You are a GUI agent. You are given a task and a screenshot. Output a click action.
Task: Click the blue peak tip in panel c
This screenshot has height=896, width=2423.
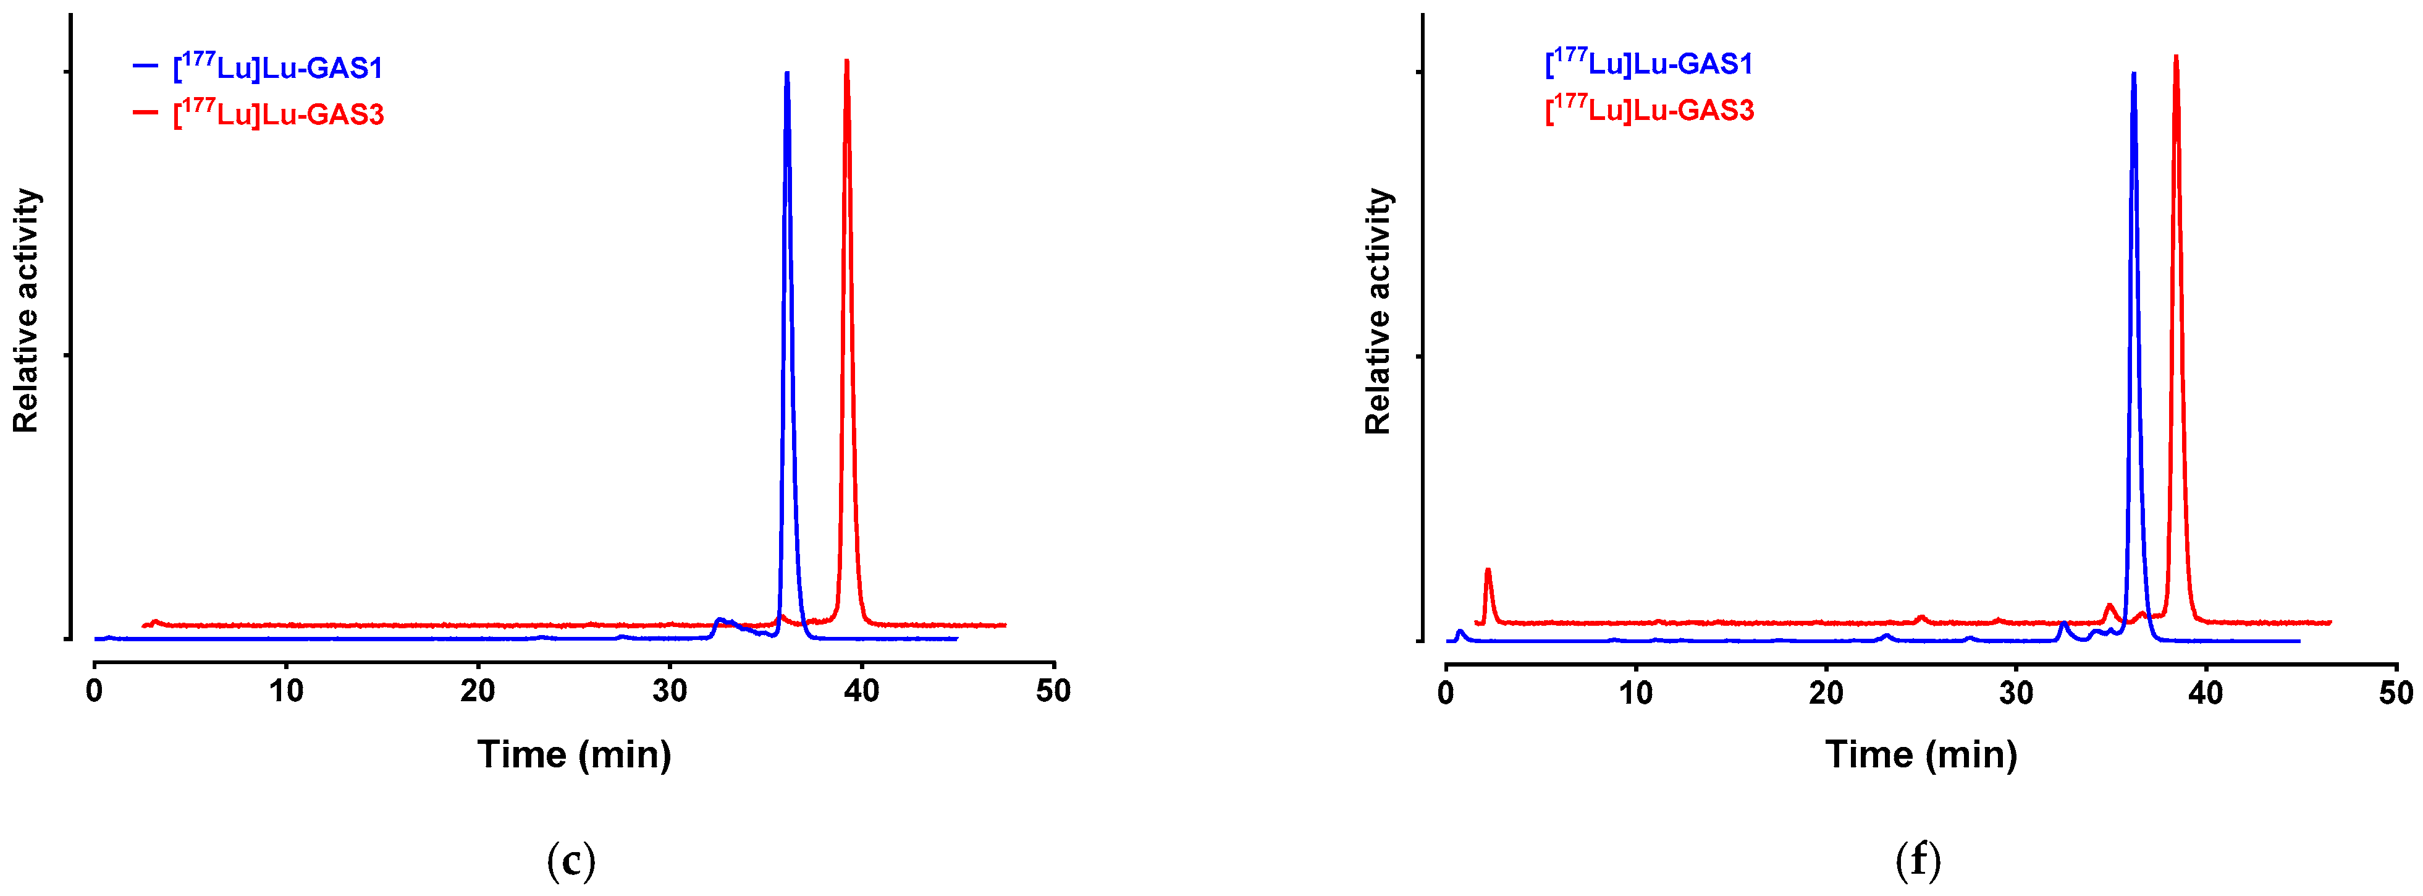786,74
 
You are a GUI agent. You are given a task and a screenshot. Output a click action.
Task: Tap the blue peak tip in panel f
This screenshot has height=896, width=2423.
2133,74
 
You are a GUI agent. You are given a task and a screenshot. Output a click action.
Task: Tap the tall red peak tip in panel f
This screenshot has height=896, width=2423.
2176,58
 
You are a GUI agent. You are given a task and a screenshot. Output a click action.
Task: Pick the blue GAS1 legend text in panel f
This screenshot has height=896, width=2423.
1649,63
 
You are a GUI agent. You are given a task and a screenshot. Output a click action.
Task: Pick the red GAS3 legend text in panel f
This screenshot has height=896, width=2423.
1650,109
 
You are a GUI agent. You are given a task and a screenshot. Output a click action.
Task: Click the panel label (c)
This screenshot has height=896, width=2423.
571,860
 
